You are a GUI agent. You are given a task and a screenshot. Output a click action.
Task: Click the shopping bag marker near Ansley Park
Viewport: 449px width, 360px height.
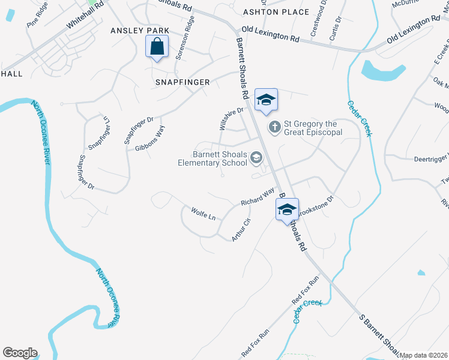(157, 46)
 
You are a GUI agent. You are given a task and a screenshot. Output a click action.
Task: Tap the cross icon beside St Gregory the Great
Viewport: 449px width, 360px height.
(274, 127)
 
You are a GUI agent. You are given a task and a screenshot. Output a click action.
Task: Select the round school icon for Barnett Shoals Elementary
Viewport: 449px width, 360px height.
(256, 158)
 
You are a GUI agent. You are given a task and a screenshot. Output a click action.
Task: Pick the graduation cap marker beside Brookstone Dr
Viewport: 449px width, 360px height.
(287, 209)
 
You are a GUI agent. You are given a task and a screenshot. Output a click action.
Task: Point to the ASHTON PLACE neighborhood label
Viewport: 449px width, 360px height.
(276, 12)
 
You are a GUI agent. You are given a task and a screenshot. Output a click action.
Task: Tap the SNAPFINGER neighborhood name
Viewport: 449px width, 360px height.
(182, 82)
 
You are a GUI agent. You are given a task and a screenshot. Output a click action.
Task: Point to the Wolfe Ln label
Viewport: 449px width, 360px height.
(203, 214)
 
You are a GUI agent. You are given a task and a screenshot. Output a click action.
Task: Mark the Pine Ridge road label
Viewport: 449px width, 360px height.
(37, 17)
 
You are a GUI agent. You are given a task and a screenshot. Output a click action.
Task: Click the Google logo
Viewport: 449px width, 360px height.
(20, 353)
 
